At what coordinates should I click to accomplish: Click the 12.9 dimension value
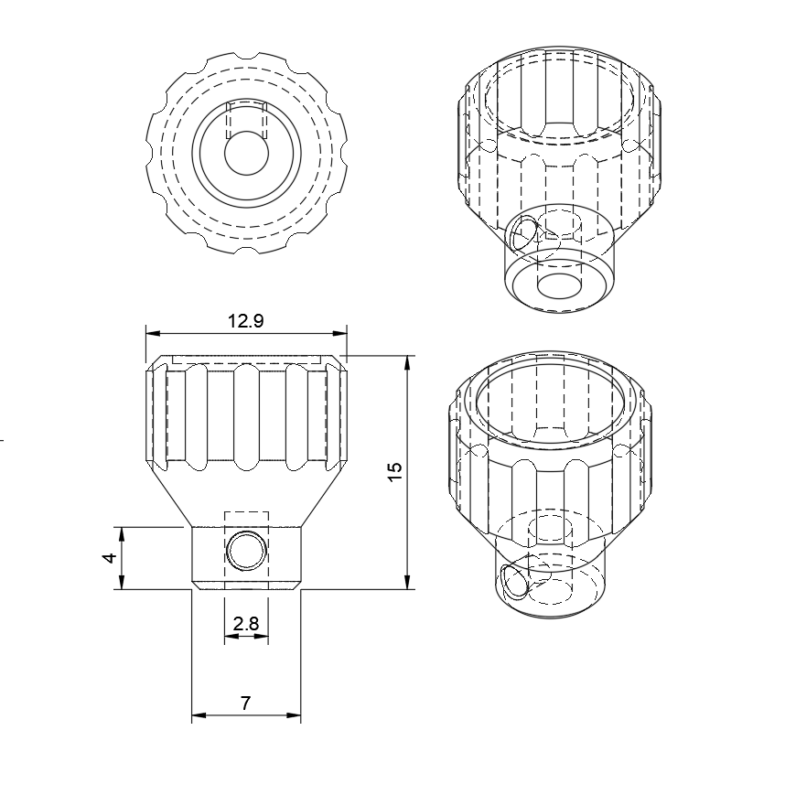click(246, 320)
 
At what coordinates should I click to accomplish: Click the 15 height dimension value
click(394, 472)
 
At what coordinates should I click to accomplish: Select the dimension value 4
click(110, 557)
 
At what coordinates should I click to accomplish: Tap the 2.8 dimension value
click(246, 624)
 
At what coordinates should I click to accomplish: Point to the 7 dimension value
click(245, 703)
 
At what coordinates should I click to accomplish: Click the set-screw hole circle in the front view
click(246, 551)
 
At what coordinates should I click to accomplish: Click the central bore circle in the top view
click(245, 153)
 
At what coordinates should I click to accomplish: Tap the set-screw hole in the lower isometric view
click(513, 580)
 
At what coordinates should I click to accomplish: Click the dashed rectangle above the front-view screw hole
click(246, 519)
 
